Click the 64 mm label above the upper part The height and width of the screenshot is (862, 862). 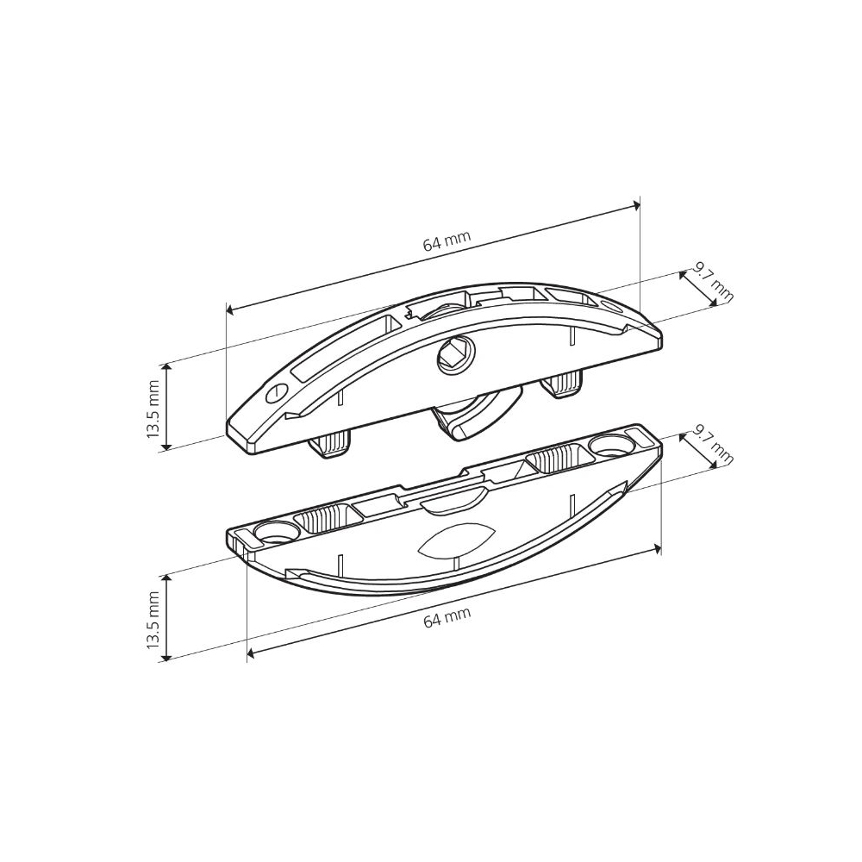coord(447,240)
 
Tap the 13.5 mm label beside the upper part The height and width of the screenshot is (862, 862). coord(153,408)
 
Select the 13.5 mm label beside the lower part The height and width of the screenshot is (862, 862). coord(153,620)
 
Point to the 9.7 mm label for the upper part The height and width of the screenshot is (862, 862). coord(713,282)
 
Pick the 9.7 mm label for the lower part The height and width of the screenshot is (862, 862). coord(713,443)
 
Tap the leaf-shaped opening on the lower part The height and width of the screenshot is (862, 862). coord(457,538)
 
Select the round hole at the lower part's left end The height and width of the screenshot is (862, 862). coord(276,531)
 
